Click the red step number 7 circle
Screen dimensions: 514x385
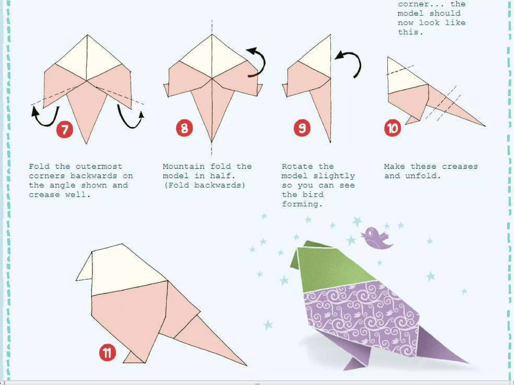click(x=65, y=130)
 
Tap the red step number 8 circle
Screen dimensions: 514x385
click(x=184, y=128)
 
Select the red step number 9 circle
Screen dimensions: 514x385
click(x=302, y=128)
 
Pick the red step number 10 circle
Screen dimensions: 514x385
click(x=393, y=128)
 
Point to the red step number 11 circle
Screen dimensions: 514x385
click(x=107, y=353)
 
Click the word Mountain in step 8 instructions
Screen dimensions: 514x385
click(x=184, y=166)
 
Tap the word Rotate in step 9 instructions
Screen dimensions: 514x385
click(x=297, y=166)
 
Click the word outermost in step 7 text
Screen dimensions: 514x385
click(x=99, y=166)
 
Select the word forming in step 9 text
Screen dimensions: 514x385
click(x=302, y=204)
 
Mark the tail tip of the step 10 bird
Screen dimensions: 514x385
click(x=485, y=126)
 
